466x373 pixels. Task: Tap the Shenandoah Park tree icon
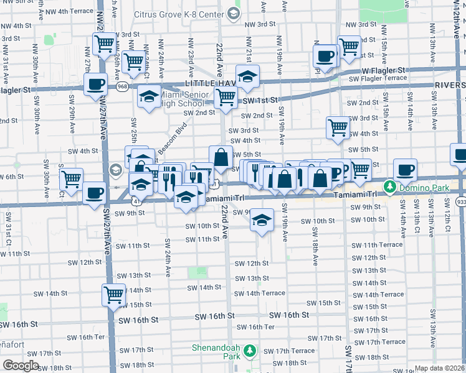(249, 351)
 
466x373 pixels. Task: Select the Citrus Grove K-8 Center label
(186, 12)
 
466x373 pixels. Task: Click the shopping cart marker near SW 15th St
(113, 294)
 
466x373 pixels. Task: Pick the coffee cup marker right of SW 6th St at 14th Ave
(406, 170)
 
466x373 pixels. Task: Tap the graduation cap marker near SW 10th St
(262, 220)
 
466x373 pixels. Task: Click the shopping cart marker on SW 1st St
(225, 97)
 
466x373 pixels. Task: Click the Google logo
(21, 366)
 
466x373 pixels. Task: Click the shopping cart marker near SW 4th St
(338, 127)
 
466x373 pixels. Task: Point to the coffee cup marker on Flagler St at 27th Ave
(95, 85)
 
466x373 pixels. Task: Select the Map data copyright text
(439, 368)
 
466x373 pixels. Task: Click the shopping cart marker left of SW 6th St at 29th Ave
(72, 179)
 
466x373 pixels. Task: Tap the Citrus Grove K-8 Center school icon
(233, 12)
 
